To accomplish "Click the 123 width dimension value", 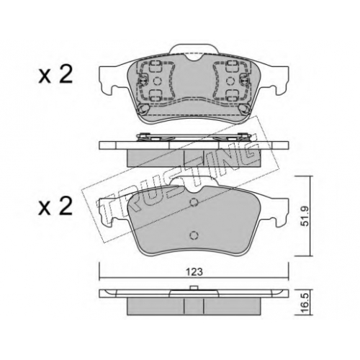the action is coord(194,272).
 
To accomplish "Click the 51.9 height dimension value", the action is coord(304,216).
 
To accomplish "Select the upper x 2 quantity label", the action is coord(55,75).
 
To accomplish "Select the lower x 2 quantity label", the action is coord(55,207).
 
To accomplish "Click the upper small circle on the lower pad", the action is coord(194,202).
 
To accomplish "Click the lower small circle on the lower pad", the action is coord(194,235).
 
